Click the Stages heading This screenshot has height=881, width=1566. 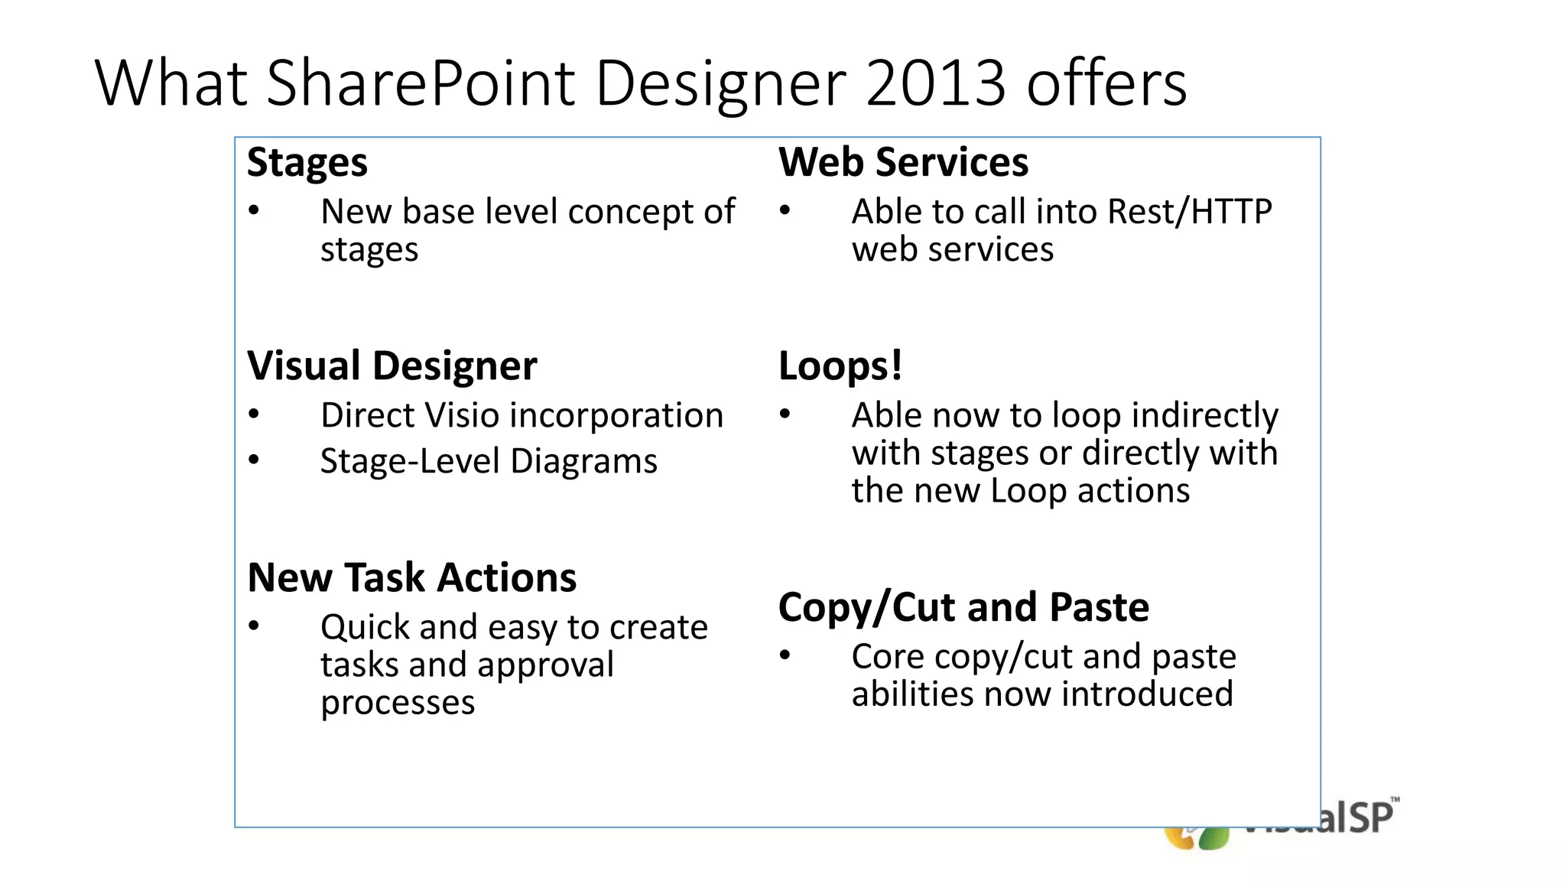pos(307,163)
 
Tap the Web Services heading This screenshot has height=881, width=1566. pos(903,162)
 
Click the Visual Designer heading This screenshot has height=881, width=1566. pos(391,366)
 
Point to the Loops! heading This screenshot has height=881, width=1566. pos(840,366)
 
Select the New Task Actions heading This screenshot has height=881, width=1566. pos(412,577)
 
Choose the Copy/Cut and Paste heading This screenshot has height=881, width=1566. pos(963,607)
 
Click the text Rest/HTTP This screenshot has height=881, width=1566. pos(1189,212)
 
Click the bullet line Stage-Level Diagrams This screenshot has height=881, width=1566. pos(488,461)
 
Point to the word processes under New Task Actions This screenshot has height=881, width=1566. pos(398,702)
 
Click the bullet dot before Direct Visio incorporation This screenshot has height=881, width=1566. pos(254,414)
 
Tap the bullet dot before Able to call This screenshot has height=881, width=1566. pos(785,210)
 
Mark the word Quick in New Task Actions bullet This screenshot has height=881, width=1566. pos(364,628)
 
